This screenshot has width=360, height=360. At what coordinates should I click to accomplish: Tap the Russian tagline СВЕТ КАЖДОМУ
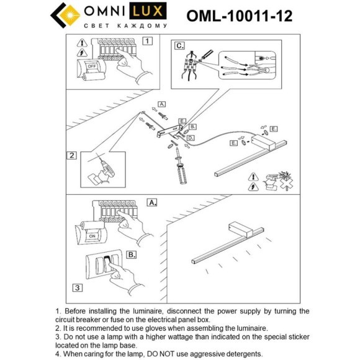coord(125,26)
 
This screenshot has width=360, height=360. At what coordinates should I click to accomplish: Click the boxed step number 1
coord(146,42)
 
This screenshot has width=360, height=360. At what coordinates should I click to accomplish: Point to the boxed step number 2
coord(72,156)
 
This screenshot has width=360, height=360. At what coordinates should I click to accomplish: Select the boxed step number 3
coord(76,287)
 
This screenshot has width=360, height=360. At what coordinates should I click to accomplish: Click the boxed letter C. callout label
coord(179,45)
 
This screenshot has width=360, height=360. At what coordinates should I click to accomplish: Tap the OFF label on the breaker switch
coord(91,65)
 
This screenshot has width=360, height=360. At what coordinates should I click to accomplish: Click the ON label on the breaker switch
coord(91,236)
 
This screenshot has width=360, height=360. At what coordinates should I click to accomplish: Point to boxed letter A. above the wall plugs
coord(162,104)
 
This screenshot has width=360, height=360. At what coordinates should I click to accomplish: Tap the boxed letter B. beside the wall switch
coord(132,254)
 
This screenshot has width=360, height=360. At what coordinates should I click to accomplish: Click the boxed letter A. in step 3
coord(151,202)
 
